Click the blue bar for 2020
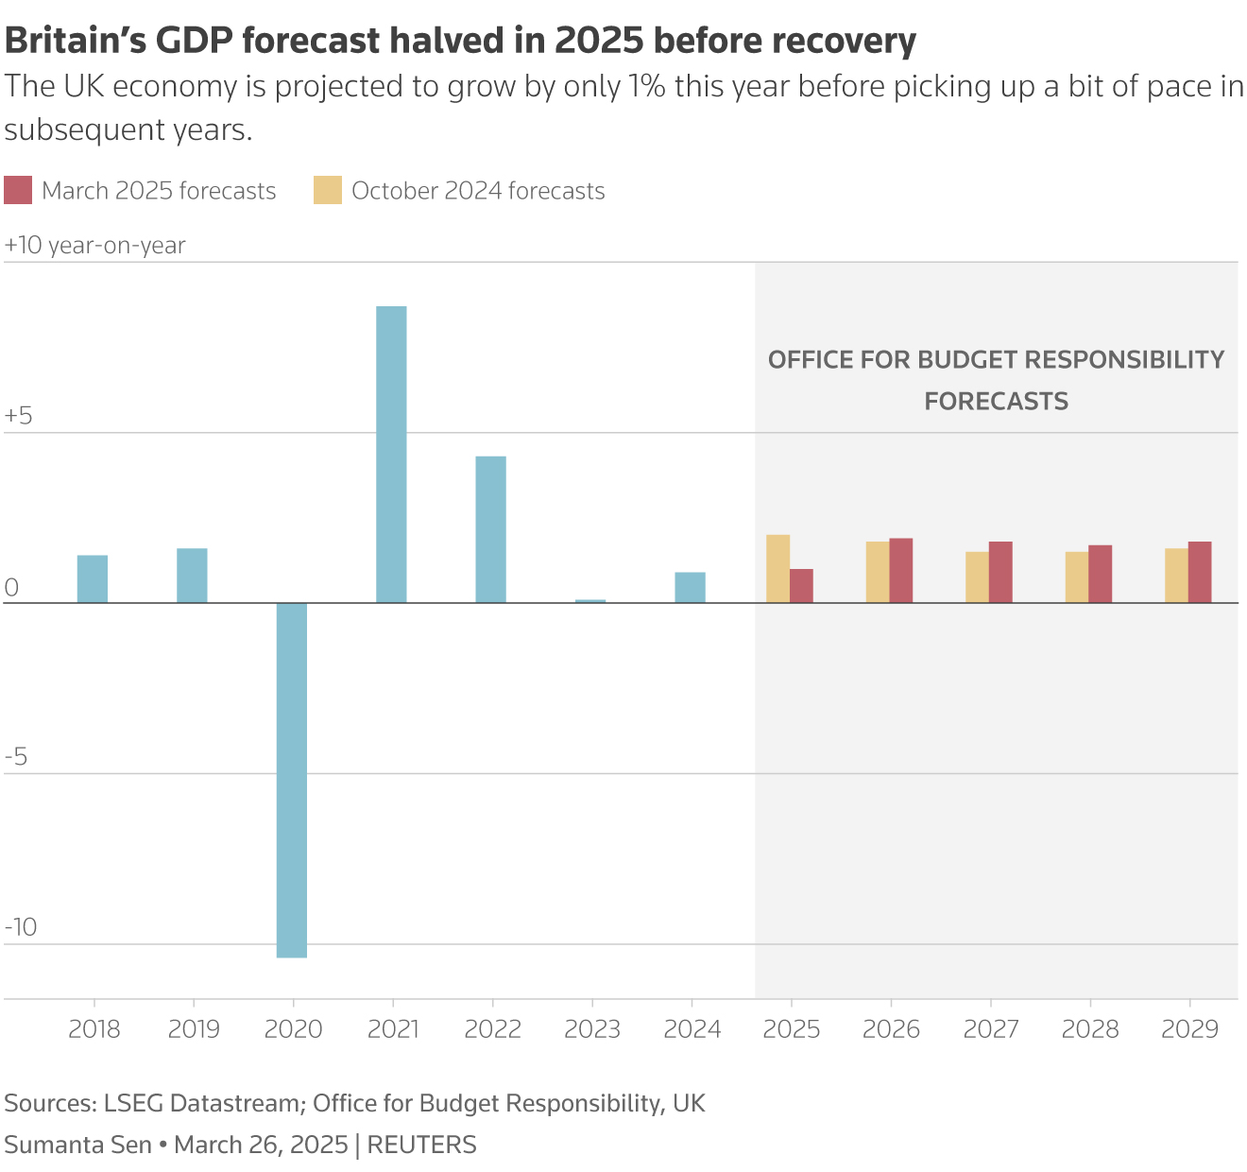292,780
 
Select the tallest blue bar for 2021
391,455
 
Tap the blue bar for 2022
490,529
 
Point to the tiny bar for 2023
590,600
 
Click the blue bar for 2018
93,578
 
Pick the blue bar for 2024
690,587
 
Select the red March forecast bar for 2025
801,586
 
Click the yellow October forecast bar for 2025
777,569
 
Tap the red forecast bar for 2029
1200,572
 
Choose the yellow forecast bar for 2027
977,577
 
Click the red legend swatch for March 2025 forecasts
18,190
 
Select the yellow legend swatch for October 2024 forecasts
328,190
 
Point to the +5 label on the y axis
19,416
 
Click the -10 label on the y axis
21,926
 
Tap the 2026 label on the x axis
891,1029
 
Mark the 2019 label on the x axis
194,1029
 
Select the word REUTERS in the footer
421,1145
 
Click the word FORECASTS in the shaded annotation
996,401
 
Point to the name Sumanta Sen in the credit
77,1145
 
